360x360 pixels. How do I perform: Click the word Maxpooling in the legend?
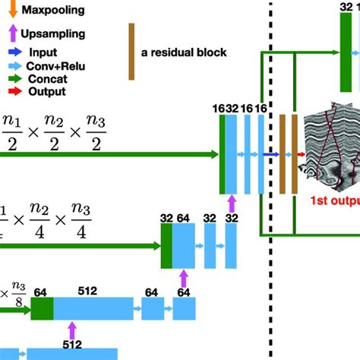[x=52, y=10]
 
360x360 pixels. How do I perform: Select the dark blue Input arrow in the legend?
[x=14, y=53]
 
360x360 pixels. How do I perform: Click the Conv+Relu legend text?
[x=57, y=66]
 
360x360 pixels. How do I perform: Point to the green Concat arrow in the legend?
[x=14, y=78]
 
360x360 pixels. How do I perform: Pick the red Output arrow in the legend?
[x=14, y=91]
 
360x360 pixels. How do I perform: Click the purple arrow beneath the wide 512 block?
[x=73, y=331]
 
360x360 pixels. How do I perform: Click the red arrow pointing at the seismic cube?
[x=301, y=154]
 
